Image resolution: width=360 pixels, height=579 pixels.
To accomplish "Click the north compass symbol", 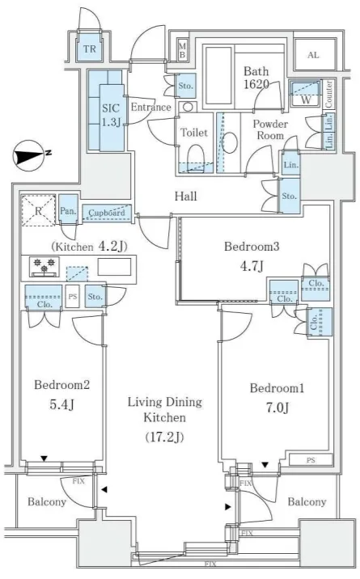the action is pos(30,155).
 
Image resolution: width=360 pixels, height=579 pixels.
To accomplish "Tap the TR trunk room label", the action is pos(89,49).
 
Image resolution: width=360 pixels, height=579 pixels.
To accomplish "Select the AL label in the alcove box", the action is pos(313,55).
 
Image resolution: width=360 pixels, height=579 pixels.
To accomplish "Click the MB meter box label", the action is pos(182,49).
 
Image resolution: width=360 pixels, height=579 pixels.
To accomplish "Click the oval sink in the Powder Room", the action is pos(230,142).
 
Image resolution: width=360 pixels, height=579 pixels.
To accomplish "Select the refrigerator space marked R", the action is pos(38,210).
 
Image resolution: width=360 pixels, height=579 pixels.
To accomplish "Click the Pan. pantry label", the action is pos(68,211).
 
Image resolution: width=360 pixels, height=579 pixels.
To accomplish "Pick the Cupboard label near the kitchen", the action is pos(107,213).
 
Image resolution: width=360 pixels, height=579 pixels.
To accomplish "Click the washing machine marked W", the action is pos(306,95).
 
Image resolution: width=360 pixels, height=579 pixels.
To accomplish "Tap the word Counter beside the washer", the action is pos(328,94).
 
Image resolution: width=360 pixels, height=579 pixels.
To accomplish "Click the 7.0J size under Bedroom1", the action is pos(277,408).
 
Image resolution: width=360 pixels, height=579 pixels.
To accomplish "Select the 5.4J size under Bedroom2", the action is pos(61,404).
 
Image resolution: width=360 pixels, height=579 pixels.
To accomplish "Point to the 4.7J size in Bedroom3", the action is pos(252,265).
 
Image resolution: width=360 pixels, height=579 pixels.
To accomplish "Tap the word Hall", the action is pos(186,196).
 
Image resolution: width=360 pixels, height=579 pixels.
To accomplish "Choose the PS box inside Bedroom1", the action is pos(311,460).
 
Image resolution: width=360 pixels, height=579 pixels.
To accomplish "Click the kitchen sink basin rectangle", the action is pos(114,267).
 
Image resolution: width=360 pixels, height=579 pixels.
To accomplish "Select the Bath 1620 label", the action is pos(256,78).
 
